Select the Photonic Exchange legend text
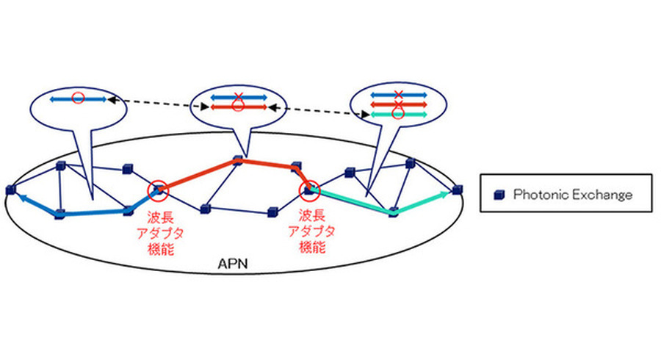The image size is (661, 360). click(x=572, y=195)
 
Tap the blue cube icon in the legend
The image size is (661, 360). click(x=499, y=195)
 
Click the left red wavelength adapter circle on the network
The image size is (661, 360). click(x=158, y=191)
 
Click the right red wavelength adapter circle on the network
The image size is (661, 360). click(x=308, y=191)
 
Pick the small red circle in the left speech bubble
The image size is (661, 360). click(x=78, y=97)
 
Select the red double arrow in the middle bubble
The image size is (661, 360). click(x=236, y=107)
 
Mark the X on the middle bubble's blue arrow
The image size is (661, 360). click(x=236, y=96)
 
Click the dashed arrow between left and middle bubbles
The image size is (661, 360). click(x=154, y=103)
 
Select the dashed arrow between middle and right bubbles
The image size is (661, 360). click(x=316, y=110)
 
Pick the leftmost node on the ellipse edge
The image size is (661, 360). click(x=10, y=190)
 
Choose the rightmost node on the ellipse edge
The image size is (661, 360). click(x=458, y=190)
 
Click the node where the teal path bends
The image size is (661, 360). click(x=394, y=212)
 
